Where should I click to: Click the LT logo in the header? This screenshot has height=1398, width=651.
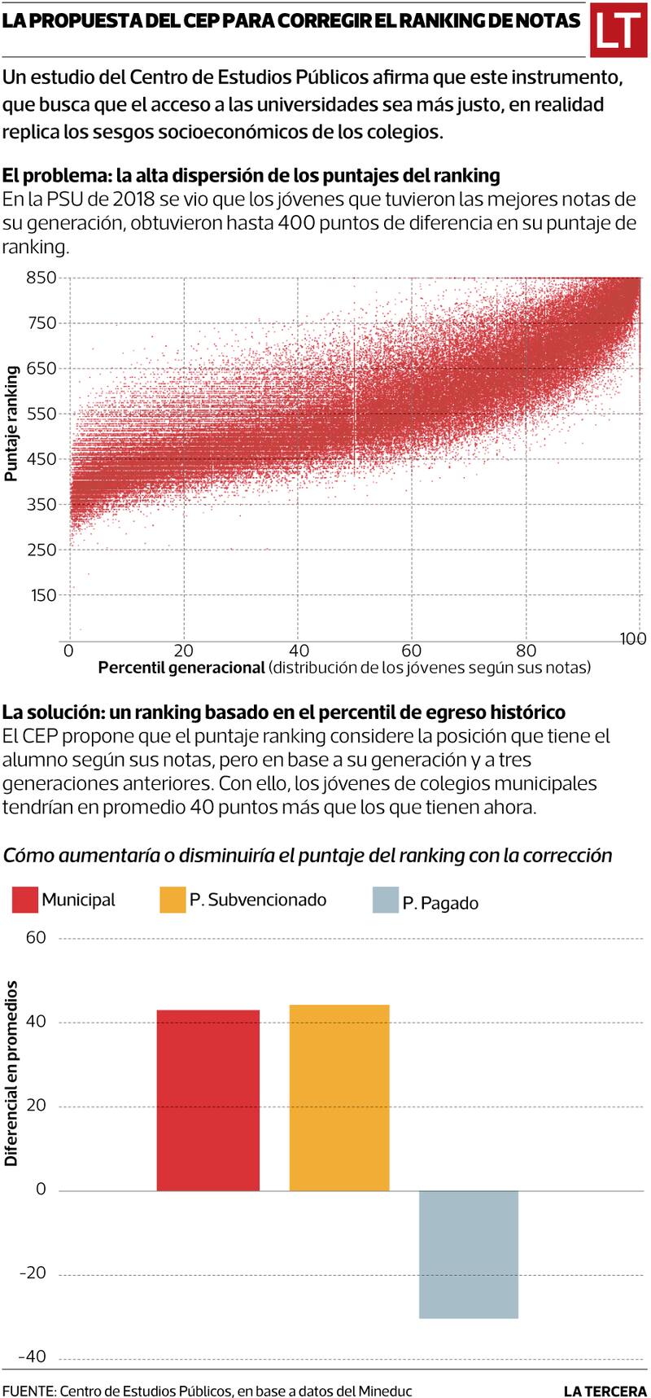tap(618, 31)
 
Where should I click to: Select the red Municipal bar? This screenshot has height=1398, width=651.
tap(208, 1100)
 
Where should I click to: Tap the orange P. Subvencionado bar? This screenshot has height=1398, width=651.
tap(339, 1097)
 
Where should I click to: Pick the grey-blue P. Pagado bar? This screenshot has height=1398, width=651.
tap(469, 1254)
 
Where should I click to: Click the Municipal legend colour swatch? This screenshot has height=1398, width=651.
tap(25, 900)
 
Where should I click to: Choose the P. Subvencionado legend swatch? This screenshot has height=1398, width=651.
tap(173, 900)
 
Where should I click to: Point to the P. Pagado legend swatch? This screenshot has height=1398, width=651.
tap(385, 901)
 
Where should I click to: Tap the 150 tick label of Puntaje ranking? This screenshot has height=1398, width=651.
tap(44, 595)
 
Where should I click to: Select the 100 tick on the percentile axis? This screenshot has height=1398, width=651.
tap(633, 639)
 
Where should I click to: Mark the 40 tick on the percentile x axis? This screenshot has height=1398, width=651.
tap(299, 650)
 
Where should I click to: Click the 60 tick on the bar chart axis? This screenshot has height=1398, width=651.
tap(36, 938)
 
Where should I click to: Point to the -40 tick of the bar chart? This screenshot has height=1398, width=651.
tap(33, 1356)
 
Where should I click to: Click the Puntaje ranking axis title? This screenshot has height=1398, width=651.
tap(11, 423)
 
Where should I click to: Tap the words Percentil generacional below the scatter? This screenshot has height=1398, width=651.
tap(181, 668)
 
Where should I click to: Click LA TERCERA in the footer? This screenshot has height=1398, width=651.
tap(605, 1391)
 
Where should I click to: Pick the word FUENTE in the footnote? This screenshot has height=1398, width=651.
tap(27, 1391)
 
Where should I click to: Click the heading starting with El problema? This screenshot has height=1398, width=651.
tap(251, 175)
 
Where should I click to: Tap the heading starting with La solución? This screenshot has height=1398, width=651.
tap(283, 712)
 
